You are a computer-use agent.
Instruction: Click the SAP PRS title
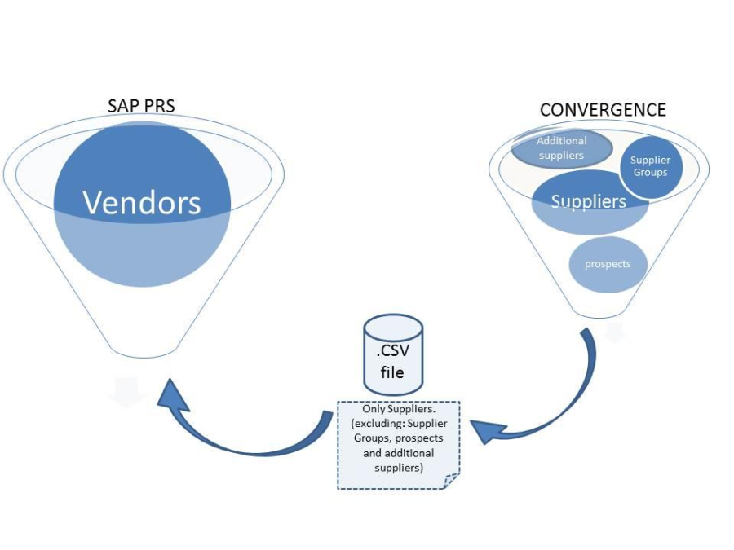141,107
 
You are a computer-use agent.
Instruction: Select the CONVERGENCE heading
603,110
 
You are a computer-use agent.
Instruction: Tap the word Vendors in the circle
142,203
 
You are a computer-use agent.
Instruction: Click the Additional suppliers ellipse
561,147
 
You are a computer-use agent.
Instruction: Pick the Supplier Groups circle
650,166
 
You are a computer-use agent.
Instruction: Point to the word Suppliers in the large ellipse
589,201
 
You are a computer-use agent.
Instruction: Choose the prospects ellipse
607,264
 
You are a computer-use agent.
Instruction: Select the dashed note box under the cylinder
398,444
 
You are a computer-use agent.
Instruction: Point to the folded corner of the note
451,481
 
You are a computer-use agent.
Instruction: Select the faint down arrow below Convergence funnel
614,332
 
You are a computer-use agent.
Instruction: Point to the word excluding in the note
374,424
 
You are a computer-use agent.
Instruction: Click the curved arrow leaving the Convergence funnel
571,399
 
